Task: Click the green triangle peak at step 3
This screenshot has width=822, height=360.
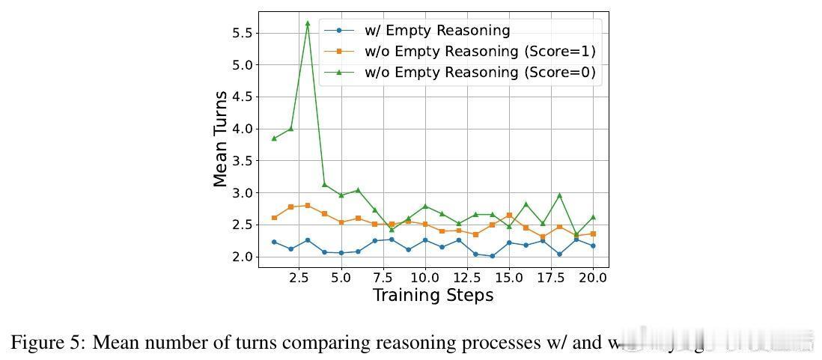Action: coord(308,23)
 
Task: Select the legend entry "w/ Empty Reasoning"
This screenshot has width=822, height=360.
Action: coord(437,31)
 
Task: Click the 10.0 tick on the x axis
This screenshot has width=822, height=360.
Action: coord(425,278)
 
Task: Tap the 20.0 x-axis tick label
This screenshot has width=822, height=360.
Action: coord(593,278)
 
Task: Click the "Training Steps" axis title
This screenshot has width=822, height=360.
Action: coord(433,296)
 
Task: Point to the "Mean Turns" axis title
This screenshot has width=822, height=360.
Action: coord(221,139)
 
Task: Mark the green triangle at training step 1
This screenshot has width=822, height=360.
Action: coord(274,138)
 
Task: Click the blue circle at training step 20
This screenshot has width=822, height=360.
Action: coord(593,245)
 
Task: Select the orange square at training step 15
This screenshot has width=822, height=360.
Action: coord(509,216)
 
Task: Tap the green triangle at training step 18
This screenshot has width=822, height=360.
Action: coord(559,195)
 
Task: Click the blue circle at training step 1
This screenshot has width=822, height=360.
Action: coord(274,242)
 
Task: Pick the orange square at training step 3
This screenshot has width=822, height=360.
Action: coord(308,205)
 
